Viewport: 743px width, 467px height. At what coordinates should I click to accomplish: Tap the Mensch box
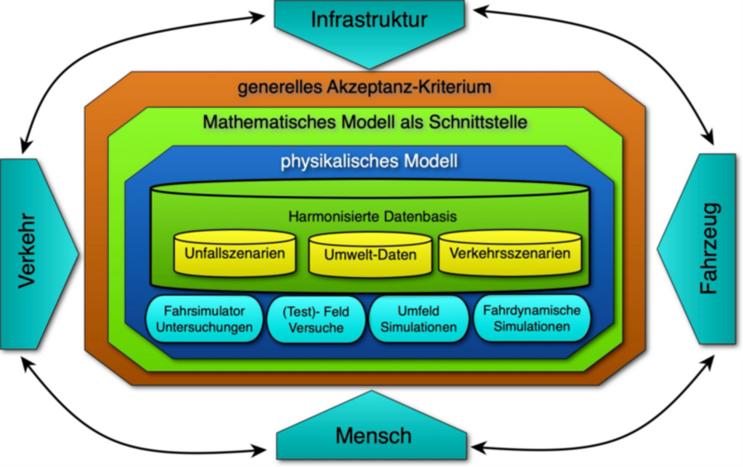pos(373,436)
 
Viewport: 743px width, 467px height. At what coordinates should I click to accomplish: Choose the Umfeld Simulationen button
pos(418,320)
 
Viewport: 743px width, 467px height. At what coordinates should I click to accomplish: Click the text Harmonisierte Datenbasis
pos(372,216)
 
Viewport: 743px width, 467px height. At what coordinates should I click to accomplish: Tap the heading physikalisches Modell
pos(369,163)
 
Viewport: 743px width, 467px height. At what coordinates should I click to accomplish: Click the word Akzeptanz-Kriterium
pos(425,86)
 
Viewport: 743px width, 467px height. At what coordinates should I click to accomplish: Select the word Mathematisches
pos(257,122)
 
